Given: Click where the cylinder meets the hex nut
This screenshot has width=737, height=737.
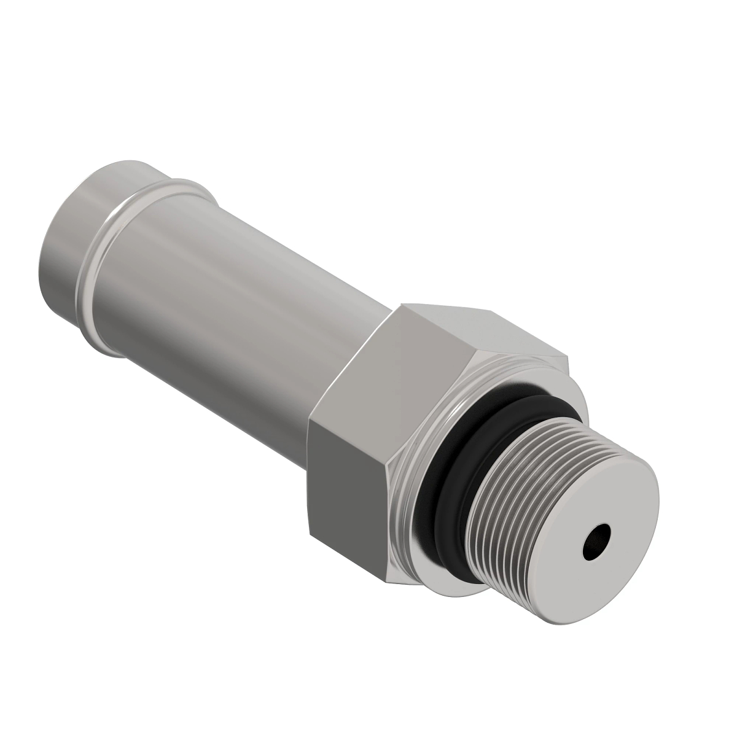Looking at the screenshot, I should point(344,368).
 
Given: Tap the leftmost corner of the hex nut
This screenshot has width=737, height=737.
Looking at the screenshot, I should point(307,424).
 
